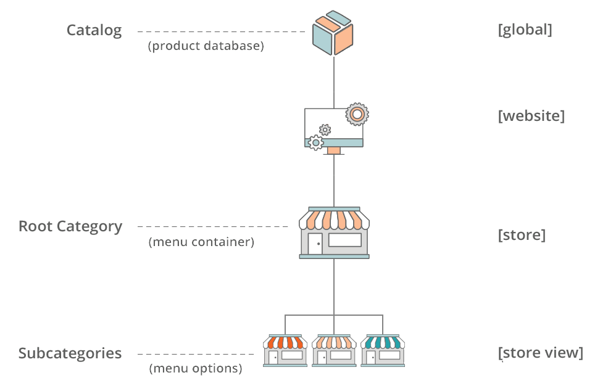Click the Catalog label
pyautogui.click(x=94, y=30)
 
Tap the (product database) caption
pyautogui.click(x=206, y=46)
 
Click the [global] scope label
pyautogui.click(x=525, y=30)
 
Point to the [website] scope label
pyautogui.click(x=531, y=116)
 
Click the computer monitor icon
pyautogui.click(x=333, y=128)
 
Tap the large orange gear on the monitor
pyautogui.click(x=357, y=113)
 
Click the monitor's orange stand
pyautogui.click(x=333, y=150)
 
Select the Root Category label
pyautogui.click(x=70, y=226)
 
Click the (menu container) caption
pyautogui.click(x=201, y=242)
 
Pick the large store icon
pyautogui.click(x=334, y=233)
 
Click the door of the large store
pyautogui.click(x=315, y=244)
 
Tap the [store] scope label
pyautogui.click(x=522, y=235)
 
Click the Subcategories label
pyautogui.click(x=70, y=353)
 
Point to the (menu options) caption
pyautogui.click(x=195, y=369)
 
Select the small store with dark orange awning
pyautogui.click(x=285, y=351)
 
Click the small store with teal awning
pyautogui.click(x=383, y=351)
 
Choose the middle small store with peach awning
pyautogui.click(x=334, y=351)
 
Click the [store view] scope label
pyautogui.click(x=540, y=353)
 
